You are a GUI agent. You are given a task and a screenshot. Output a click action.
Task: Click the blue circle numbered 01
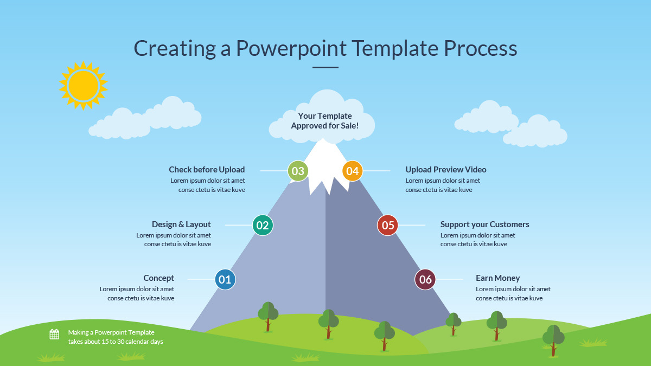tap(225, 280)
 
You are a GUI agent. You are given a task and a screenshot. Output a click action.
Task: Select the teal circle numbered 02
tap(263, 225)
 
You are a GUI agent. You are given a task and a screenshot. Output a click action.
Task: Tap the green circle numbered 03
tap(298, 171)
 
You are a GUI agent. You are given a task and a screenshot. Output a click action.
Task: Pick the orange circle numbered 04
tap(353, 171)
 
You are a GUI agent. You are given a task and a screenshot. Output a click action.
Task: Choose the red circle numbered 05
tap(388, 225)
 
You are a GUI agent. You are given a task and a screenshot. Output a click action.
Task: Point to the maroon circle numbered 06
tap(425, 280)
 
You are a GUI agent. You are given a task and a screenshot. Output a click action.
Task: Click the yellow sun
tap(84, 85)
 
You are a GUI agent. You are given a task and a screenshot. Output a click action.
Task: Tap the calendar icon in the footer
tap(54, 335)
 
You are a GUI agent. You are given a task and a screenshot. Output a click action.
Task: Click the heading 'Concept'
tap(158, 278)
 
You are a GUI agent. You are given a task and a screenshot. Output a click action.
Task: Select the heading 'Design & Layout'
tap(181, 224)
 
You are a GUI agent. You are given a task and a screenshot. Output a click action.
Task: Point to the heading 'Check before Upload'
tap(207, 170)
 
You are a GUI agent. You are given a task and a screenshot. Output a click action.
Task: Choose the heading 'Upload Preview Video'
tap(446, 170)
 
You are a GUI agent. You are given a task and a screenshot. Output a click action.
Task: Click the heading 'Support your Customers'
tap(484, 224)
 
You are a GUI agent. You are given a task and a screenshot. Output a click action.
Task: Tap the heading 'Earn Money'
tap(497, 278)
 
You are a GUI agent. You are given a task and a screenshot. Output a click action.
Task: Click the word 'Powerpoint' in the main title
tap(291, 48)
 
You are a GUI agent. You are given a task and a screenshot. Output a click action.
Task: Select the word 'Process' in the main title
tap(481, 48)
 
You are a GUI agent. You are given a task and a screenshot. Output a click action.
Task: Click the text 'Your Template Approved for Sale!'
tap(325, 121)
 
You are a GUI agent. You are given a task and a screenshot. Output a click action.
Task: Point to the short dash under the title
tap(325, 68)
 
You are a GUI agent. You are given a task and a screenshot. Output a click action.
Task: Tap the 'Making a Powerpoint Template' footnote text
tap(111, 332)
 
